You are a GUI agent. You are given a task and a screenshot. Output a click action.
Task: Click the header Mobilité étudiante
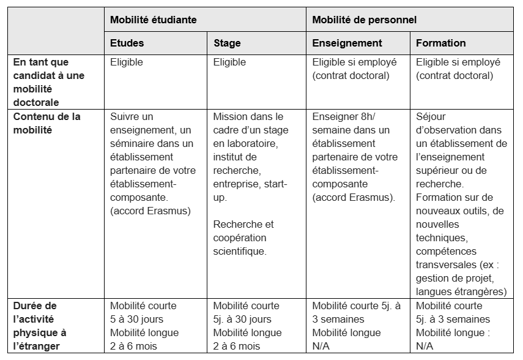tap(153, 20)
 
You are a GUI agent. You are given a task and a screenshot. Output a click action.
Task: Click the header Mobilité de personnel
tap(365, 20)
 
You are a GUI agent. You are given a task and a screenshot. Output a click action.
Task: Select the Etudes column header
tap(127, 43)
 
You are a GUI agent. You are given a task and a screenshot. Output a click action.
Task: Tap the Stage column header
tap(227, 43)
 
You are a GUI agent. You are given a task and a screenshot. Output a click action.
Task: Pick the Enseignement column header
tap(347, 43)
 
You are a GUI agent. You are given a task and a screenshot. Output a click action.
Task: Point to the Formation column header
tap(440, 43)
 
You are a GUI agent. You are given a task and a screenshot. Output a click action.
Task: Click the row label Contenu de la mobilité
tap(46, 122)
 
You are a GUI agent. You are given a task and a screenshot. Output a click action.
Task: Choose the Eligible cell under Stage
tap(230, 62)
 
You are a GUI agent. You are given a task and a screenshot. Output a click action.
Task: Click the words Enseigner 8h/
tap(341, 116)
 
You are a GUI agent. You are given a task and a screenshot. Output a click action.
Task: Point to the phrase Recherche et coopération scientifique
tap(244, 238)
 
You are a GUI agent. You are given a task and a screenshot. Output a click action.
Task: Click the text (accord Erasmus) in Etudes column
tap(150, 211)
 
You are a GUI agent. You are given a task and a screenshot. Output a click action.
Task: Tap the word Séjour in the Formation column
tap(431, 116)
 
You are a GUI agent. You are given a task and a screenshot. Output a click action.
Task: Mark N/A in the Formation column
tap(426, 346)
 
